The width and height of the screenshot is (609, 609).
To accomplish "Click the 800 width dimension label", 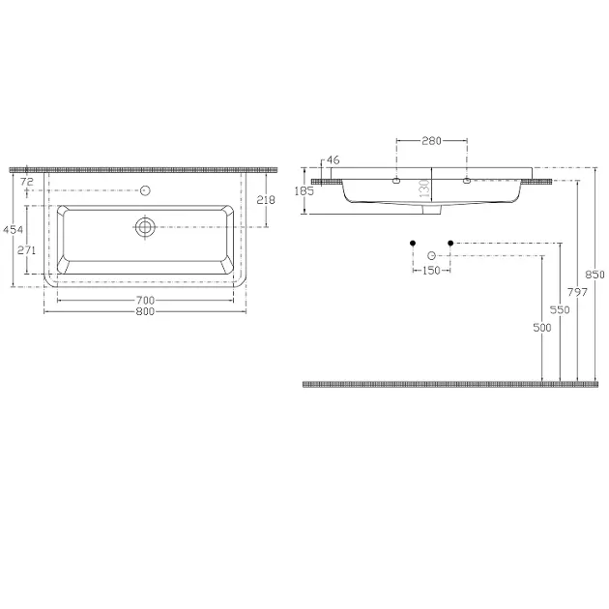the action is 145,311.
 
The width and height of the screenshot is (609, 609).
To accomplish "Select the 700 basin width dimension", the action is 145,301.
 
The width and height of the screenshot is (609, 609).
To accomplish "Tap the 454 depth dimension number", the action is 14,229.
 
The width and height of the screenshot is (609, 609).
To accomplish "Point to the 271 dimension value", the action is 26,250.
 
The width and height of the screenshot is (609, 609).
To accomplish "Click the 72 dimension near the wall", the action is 27,182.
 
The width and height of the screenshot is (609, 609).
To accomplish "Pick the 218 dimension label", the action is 266,200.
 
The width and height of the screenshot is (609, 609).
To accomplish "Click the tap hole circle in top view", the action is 145,190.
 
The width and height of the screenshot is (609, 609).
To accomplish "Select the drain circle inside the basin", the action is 145,227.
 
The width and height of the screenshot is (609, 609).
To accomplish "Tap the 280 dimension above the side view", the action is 431,140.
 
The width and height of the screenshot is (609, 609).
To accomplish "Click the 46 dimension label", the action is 333,159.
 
